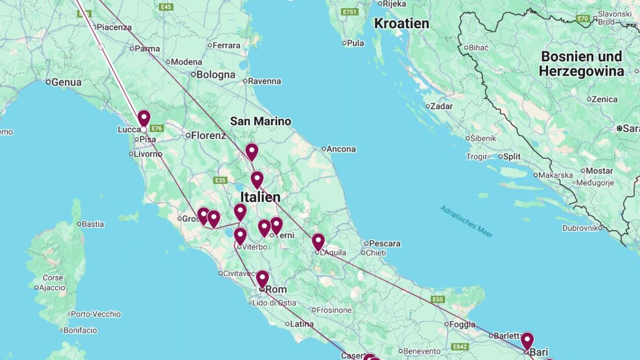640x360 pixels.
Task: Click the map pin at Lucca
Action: (144, 118)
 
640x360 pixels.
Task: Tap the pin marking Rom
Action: (262, 279)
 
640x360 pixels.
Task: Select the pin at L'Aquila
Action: (318, 241)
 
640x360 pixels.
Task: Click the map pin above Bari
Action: (527, 340)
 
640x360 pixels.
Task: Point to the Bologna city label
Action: (215, 75)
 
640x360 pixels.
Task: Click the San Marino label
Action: (261, 121)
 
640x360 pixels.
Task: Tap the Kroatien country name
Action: (401, 23)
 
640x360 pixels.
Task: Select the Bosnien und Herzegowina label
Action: (581, 63)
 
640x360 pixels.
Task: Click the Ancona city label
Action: (341, 149)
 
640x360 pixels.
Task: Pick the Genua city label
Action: (66, 82)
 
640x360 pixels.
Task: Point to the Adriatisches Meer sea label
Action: (467, 221)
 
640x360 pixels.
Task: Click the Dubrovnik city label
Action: (582, 228)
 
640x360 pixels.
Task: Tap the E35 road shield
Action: (220, 180)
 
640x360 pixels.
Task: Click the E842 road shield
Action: (460, 347)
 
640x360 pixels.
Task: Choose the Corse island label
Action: (53, 278)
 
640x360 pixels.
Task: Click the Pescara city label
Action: (385, 243)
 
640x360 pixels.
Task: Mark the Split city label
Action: (511, 156)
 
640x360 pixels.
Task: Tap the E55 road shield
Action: (438, 299)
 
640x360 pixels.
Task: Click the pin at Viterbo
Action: (240, 236)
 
